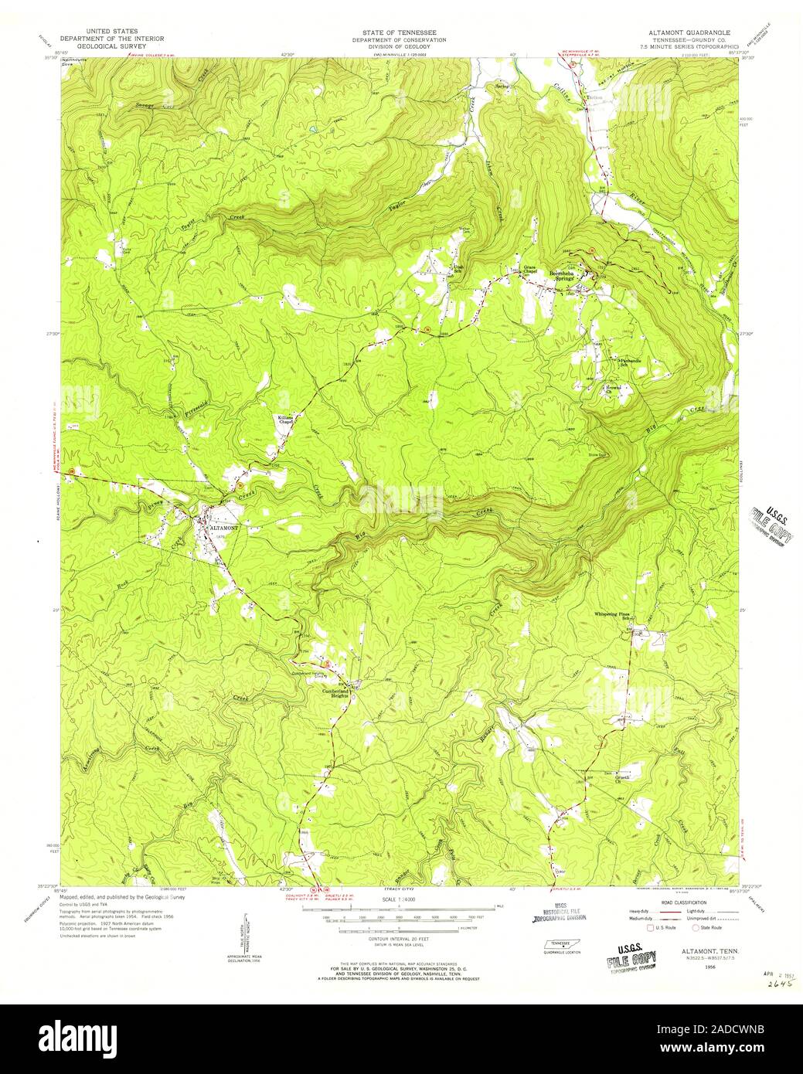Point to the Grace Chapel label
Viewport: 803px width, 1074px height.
tap(530, 270)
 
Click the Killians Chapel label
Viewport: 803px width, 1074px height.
tap(285, 420)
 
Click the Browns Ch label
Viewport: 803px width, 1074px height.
tap(613, 388)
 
